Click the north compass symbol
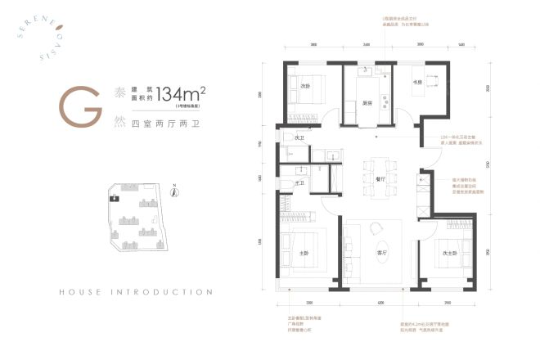pyautogui.click(x=174, y=194)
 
